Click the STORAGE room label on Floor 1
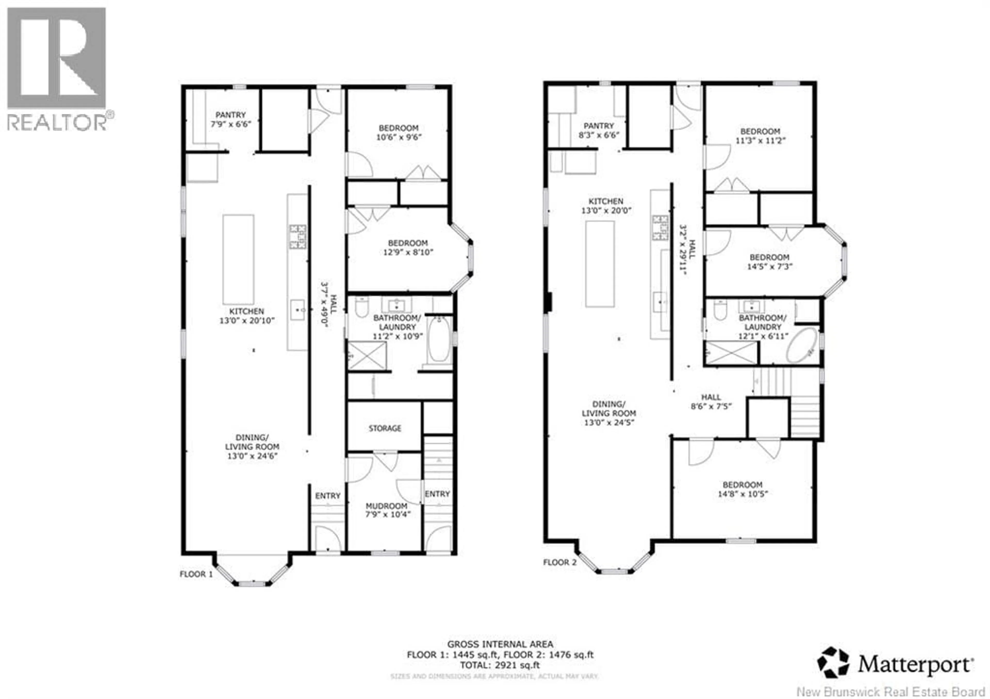click(385, 428)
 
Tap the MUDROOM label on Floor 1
click(386, 506)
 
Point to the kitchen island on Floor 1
click(238, 260)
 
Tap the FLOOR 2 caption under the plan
click(560, 562)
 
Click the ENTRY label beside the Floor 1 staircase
click(437, 494)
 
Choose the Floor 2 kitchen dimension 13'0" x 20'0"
click(606, 210)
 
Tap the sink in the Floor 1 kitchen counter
click(297, 310)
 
